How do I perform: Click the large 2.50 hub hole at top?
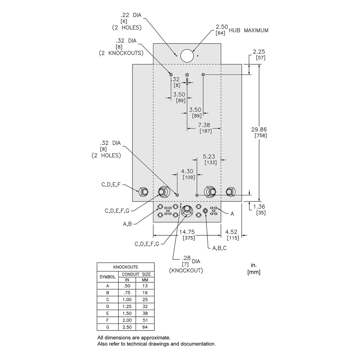[x=187, y=55]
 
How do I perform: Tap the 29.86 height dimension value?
[x=261, y=129]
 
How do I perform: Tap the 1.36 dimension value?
[x=261, y=207]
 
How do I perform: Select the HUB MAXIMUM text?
[x=249, y=31]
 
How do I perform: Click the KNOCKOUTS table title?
[x=126, y=267]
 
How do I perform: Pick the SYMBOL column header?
[x=108, y=277]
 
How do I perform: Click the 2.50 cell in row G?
[x=127, y=327]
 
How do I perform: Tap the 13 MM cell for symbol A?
[x=145, y=286]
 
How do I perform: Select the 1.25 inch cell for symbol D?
[x=127, y=307]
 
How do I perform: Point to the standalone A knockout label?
[x=232, y=213]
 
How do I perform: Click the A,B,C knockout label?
[x=219, y=248]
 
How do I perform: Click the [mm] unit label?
[x=254, y=272]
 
